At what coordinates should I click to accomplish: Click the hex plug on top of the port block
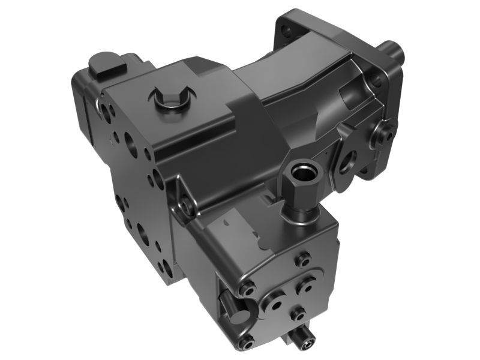(170, 101)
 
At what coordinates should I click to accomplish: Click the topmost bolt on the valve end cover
(303, 259)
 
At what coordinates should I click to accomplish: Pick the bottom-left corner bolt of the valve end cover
(246, 342)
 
